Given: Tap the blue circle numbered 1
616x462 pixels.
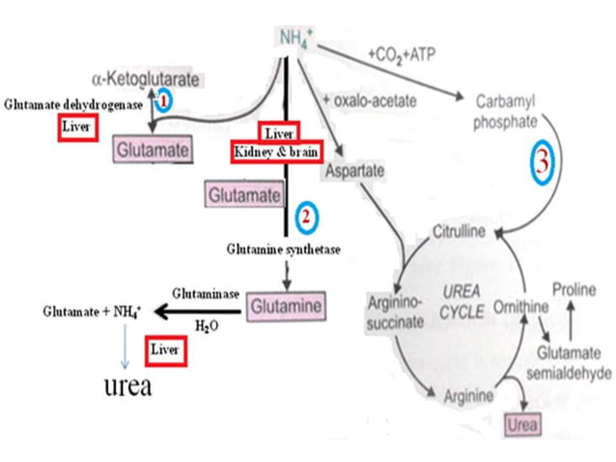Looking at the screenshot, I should point(165,100).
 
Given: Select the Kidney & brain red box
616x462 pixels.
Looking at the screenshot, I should point(274,153).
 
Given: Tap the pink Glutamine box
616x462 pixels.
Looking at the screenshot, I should point(283,304).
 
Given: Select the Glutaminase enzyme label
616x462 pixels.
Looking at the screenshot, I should point(205,292).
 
